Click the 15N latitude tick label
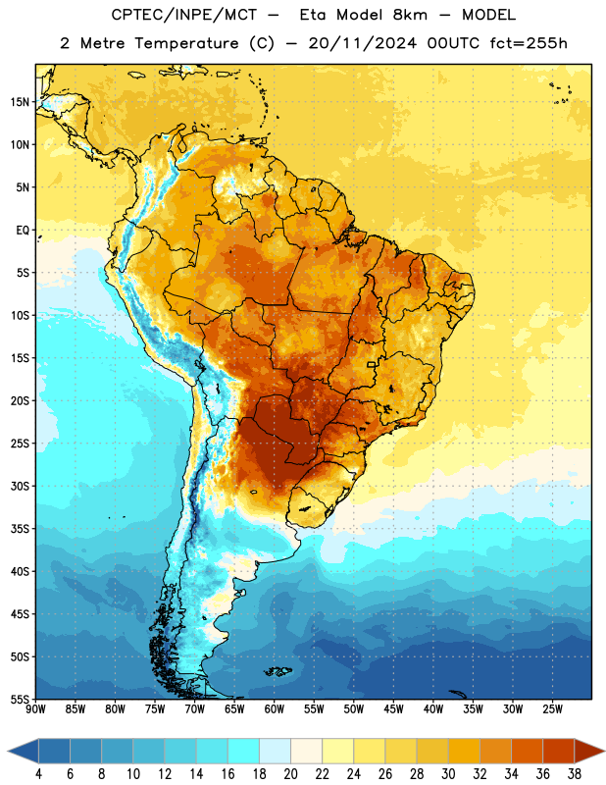(20, 102)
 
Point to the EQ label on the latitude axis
(23, 231)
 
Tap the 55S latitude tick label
(20, 699)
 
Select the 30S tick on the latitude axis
(20, 486)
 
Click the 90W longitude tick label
(35, 709)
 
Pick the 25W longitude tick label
(552, 709)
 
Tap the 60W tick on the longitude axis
(275, 709)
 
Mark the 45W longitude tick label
(394, 709)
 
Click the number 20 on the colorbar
(290, 774)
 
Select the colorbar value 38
(575, 774)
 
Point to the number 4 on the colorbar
(38, 774)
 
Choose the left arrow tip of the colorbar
(8, 752)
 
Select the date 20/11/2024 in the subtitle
(363, 43)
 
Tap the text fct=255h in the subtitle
(529, 43)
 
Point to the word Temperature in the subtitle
(186, 43)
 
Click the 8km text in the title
(410, 15)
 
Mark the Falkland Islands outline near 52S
(278, 671)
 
